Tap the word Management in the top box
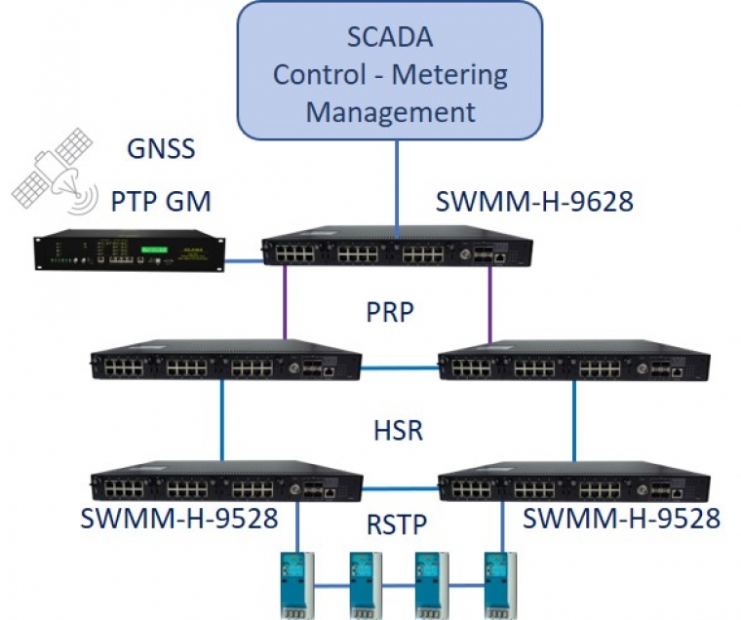390,111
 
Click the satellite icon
55,170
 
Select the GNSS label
162,149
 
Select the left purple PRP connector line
285,302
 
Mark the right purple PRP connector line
490,302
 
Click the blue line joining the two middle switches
401,368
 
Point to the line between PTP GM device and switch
245,260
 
